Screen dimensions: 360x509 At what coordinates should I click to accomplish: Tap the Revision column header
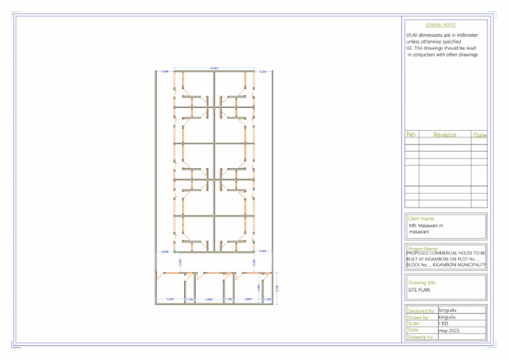pos(445,135)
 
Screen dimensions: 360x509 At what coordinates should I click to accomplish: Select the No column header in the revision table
pos(411,135)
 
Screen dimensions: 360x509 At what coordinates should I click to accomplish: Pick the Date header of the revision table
pos(480,135)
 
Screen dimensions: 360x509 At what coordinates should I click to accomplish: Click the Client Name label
pos(421,218)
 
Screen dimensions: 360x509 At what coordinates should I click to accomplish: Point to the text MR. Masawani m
pos(426,226)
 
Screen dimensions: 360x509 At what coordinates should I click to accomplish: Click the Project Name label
pos(422,249)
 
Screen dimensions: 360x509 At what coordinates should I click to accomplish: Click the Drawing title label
pos(422,283)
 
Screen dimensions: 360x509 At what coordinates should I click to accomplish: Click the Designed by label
pos(421,310)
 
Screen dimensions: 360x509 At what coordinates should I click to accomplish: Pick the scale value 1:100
pos(444,324)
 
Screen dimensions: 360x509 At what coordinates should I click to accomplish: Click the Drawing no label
pos(421,337)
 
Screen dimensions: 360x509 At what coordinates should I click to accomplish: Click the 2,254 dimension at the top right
pos(263,72)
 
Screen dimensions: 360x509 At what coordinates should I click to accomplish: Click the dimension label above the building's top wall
pos(214,68)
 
